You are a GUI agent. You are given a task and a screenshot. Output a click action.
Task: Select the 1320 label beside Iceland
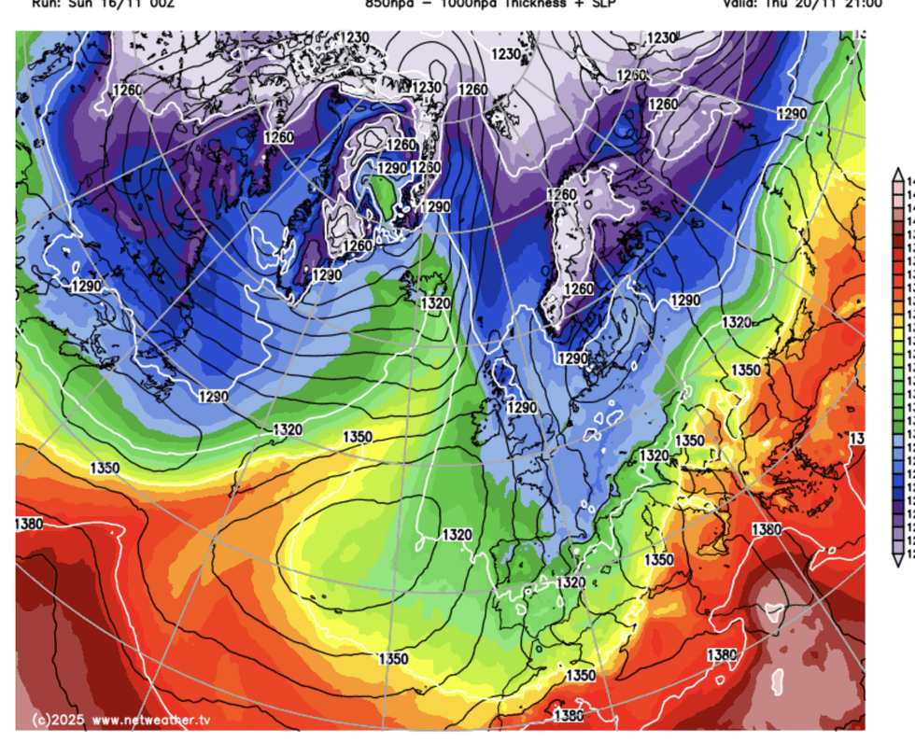click(435, 303)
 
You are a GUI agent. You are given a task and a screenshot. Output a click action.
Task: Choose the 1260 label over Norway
click(579, 289)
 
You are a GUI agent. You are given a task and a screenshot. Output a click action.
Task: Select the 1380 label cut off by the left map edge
click(28, 524)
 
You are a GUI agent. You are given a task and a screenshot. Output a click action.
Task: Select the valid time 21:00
click(860, 5)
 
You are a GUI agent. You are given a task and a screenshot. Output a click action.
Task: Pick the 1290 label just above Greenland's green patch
click(392, 168)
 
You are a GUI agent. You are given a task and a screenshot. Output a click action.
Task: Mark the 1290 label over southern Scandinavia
click(572, 358)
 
